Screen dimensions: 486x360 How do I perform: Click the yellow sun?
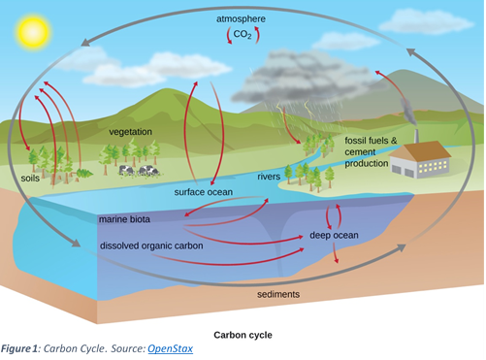click(x=34, y=32)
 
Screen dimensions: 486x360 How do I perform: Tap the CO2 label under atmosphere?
click(x=243, y=34)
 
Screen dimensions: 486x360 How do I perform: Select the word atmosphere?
click(x=241, y=19)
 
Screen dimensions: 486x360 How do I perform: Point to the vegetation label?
click(x=130, y=132)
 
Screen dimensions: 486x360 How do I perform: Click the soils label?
click(x=30, y=179)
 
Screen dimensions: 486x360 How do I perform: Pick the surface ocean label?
click(x=204, y=192)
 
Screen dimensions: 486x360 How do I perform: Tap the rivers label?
click(x=269, y=177)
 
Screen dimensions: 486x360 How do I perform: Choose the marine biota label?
click(x=124, y=219)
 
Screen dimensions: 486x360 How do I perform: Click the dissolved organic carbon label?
click(x=151, y=245)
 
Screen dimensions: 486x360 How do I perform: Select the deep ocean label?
click(x=334, y=235)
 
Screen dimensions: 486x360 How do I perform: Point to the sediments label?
click(x=278, y=294)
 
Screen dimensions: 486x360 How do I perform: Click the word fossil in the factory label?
click(x=356, y=141)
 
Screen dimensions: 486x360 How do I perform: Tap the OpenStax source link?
click(x=171, y=348)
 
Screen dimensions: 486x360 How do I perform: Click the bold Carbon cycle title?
click(x=243, y=335)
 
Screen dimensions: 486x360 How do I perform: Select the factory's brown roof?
click(x=420, y=151)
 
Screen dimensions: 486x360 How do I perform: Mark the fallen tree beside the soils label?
click(x=84, y=174)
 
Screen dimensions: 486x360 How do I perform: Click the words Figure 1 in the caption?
click(x=19, y=348)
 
